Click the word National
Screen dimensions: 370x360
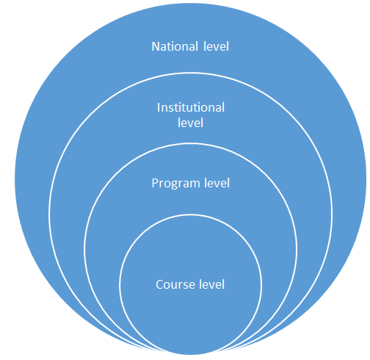[175, 46]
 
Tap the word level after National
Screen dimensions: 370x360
[216, 46]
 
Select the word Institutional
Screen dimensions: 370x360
[191, 107]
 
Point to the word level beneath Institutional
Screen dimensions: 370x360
[190, 123]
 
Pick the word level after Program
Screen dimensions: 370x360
[217, 183]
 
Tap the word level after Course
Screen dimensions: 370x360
[211, 284]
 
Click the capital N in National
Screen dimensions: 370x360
[156, 46]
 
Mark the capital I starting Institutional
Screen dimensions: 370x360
[159, 108]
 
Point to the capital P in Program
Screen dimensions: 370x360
[155, 184]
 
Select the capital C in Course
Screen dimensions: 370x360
[160, 285]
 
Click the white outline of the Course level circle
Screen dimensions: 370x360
[190, 215]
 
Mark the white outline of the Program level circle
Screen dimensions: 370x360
[190, 144]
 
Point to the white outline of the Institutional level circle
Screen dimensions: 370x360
[190, 73]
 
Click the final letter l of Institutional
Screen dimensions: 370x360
[223, 107]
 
